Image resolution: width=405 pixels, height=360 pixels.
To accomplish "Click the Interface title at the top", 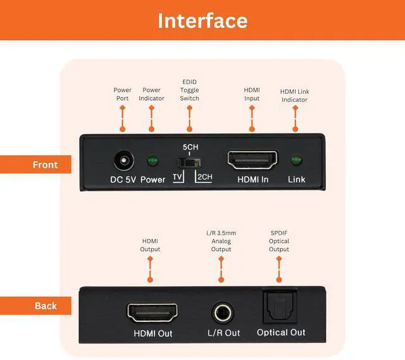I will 202,20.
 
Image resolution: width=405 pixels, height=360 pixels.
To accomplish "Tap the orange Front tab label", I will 45,164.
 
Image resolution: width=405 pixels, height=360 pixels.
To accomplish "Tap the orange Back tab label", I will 46,306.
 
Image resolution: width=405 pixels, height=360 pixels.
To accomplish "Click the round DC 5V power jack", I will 123,161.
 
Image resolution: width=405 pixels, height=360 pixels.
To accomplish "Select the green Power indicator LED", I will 153,161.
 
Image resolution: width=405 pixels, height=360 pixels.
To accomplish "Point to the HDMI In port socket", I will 252,161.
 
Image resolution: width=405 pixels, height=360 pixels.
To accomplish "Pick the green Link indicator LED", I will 296,161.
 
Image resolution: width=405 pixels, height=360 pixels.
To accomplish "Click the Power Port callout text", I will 122,94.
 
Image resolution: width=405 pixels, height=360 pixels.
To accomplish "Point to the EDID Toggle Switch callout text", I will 189,90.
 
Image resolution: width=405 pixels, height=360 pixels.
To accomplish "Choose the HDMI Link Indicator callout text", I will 294,96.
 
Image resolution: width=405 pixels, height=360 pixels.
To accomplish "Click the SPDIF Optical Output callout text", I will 279,241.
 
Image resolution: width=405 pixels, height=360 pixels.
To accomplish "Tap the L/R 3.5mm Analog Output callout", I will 221,241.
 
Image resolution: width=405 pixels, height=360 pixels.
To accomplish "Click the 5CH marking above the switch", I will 190,147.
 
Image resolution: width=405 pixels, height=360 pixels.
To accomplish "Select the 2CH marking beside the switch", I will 204,177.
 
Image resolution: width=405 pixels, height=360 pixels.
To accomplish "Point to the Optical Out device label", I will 281,332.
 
